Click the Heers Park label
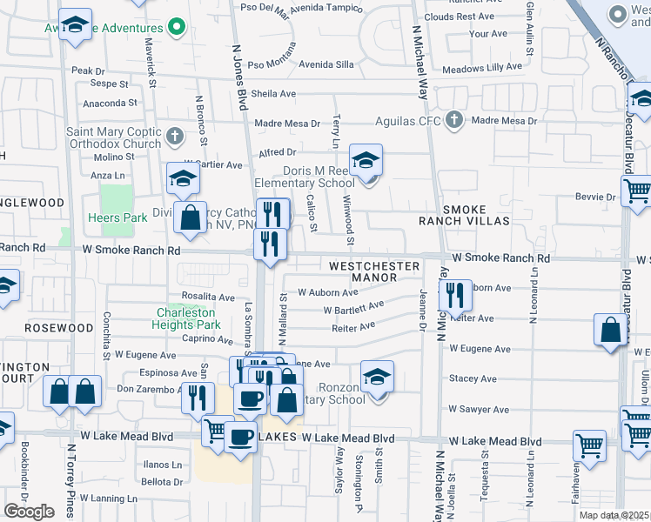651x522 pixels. (117, 217)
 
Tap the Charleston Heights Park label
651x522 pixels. (190, 318)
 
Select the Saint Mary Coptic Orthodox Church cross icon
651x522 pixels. (175, 136)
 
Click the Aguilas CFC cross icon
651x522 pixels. (453, 120)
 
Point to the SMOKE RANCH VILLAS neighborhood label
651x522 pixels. (475, 216)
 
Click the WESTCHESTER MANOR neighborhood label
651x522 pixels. (373, 271)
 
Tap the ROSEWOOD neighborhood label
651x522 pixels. (59, 328)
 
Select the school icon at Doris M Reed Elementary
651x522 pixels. (366, 161)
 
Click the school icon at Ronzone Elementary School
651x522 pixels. (378, 378)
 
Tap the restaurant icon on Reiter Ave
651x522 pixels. (454, 297)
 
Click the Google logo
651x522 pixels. (29, 511)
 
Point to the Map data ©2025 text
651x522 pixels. (614, 515)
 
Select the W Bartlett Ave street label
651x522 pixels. (353, 308)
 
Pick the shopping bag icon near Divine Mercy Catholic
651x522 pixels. (190, 218)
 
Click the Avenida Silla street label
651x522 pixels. (326, 64)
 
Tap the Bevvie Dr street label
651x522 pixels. (595, 197)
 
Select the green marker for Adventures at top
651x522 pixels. (178, 27)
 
